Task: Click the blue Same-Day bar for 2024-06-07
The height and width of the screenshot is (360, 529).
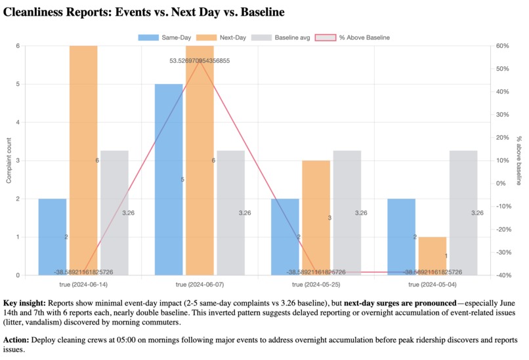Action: pyautogui.click(x=169, y=179)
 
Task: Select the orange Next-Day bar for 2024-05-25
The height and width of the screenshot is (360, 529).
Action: pyautogui.click(x=316, y=218)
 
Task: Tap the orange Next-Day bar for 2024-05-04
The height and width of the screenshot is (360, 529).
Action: pyautogui.click(x=433, y=256)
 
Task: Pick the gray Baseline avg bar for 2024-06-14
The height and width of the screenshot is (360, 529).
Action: pyautogui.click(x=114, y=212)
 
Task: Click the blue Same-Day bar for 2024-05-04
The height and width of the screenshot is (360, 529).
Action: pyautogui.click(x=402, y=237)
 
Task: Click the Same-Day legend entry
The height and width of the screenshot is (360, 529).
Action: pyautogui.click(x=165, y=37)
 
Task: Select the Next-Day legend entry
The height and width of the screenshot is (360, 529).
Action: pyautogui.click(x=221, y=37)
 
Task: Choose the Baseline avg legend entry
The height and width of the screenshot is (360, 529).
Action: pyautogui.click(x=280, y=37)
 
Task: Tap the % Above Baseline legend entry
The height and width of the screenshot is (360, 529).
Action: pyautogui.click(x=352, y=37)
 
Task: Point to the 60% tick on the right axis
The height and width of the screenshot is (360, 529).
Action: pyautogui.click(x=502, y=46)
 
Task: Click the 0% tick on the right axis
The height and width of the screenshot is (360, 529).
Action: pyautogui.click(x=501, y=184)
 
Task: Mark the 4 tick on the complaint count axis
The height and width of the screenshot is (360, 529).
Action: pyautogui.click(x=18, y=123)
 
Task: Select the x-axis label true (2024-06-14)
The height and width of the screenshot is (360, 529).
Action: pyautogui.click(x=83, y=285)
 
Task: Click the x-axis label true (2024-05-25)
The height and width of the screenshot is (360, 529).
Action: pyautogui.click(x=316, y=285)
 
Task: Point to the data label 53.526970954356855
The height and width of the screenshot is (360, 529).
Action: pyautogui.click(x=200, y=61)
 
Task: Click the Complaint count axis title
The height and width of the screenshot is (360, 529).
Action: pyautogui.click(x=9, y=161)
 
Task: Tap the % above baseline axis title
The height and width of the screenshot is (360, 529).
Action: pyautogui.click(x=519, y=161)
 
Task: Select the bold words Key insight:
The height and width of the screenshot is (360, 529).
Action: pyautogui.click(x=24, y=303)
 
